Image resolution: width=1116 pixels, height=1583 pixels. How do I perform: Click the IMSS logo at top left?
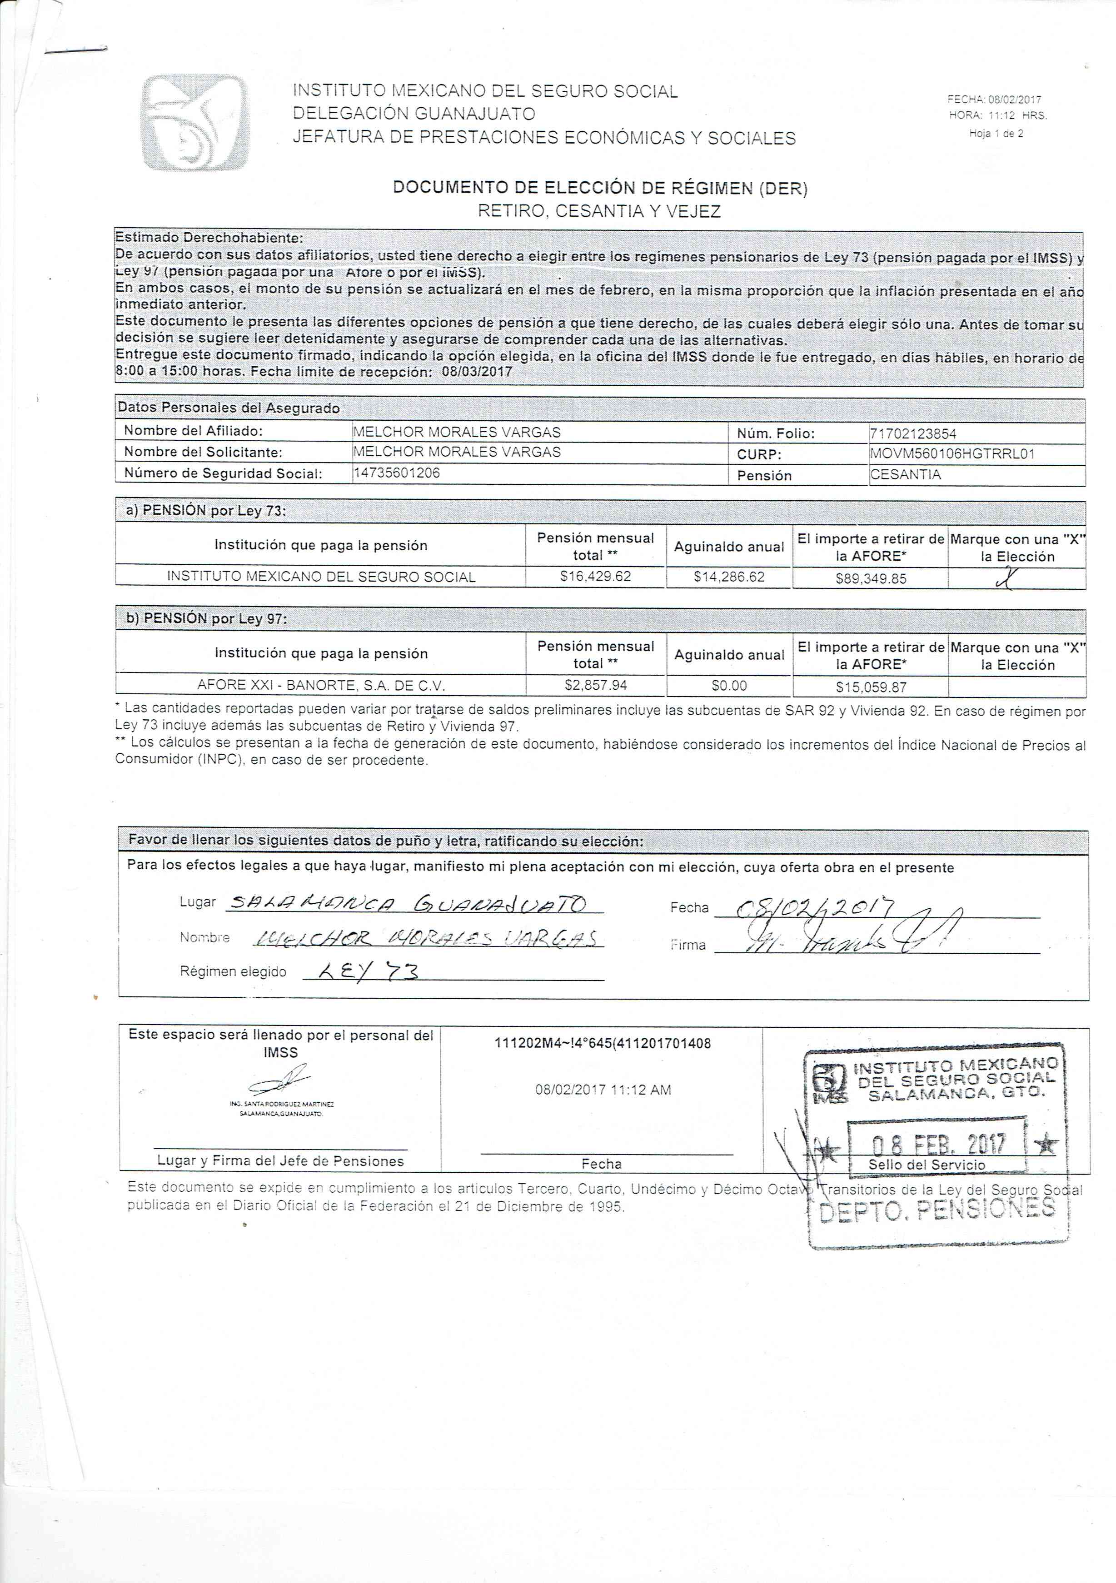[195, 122]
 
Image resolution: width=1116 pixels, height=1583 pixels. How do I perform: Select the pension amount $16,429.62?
[596, 577]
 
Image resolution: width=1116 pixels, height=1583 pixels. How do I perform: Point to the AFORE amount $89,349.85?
[871, 578]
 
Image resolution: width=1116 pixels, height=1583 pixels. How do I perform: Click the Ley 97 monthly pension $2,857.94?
[596, 685]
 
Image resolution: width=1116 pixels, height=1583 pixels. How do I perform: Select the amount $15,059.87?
[871, 687]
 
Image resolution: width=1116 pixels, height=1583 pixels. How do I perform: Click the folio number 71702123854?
[913, 433]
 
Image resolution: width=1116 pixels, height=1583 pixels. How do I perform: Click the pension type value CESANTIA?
[905, 474]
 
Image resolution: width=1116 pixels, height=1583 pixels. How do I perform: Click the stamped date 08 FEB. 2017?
[938, 1145]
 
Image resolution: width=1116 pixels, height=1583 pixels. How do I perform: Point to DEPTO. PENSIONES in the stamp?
[937, 1210]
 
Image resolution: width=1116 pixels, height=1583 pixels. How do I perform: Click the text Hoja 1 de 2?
[996, 134]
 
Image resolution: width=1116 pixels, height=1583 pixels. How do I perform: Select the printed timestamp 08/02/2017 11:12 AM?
[603, 1090]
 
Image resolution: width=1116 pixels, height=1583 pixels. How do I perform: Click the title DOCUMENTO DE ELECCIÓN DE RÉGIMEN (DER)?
[600, 188]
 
